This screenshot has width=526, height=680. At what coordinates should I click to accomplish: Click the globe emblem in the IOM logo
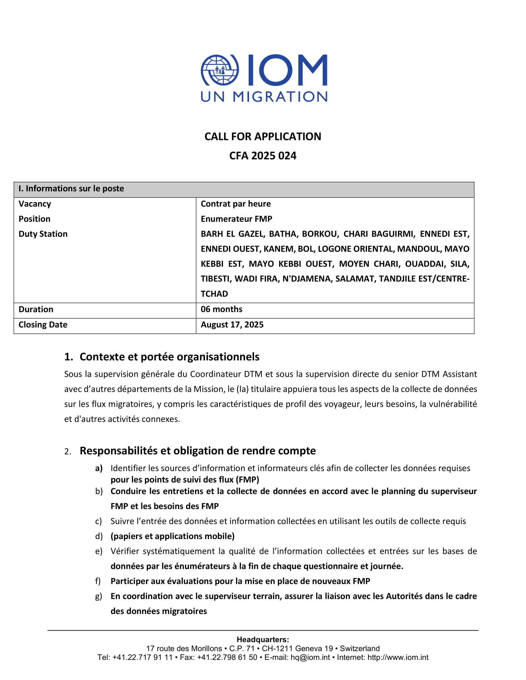tap(220, 70)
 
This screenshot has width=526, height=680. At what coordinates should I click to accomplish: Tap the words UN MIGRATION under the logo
tap(264, 97)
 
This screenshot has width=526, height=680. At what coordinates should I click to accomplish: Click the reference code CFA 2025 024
tap(263, 156)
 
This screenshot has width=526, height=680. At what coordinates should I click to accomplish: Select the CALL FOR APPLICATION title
tap(263, 136)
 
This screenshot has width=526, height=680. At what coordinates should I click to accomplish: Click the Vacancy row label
tap(35, 204)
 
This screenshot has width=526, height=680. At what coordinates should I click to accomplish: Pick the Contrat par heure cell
tap(235, 204)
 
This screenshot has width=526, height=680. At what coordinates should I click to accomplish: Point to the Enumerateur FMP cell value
tap(236, 219)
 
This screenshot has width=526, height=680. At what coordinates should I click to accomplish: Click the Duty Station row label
tap(43, 234)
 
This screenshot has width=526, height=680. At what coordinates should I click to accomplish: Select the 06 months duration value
tap(221, 309)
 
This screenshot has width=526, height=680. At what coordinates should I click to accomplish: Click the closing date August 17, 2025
tap(232, 325)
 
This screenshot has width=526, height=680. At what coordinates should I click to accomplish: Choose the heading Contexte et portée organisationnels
tap(169, 357)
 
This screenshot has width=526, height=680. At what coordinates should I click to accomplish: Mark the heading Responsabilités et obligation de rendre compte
tap(198, 451)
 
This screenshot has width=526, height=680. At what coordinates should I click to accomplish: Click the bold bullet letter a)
tap(99, 468)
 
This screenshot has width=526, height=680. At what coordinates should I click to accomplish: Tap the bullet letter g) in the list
tap(98, 596)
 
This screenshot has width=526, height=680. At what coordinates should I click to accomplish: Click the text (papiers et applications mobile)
tap(172, 536)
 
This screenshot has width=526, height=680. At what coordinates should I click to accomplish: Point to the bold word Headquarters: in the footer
tap(263, 640)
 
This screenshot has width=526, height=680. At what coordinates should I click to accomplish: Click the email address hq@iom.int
tap(310, 657)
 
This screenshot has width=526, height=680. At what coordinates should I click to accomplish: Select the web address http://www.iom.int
tap(398, 657)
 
